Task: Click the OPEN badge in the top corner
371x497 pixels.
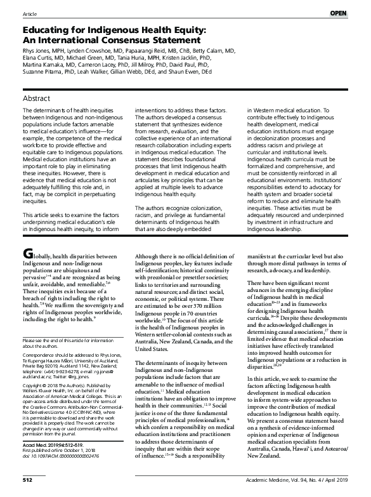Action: [x=355, y=13]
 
